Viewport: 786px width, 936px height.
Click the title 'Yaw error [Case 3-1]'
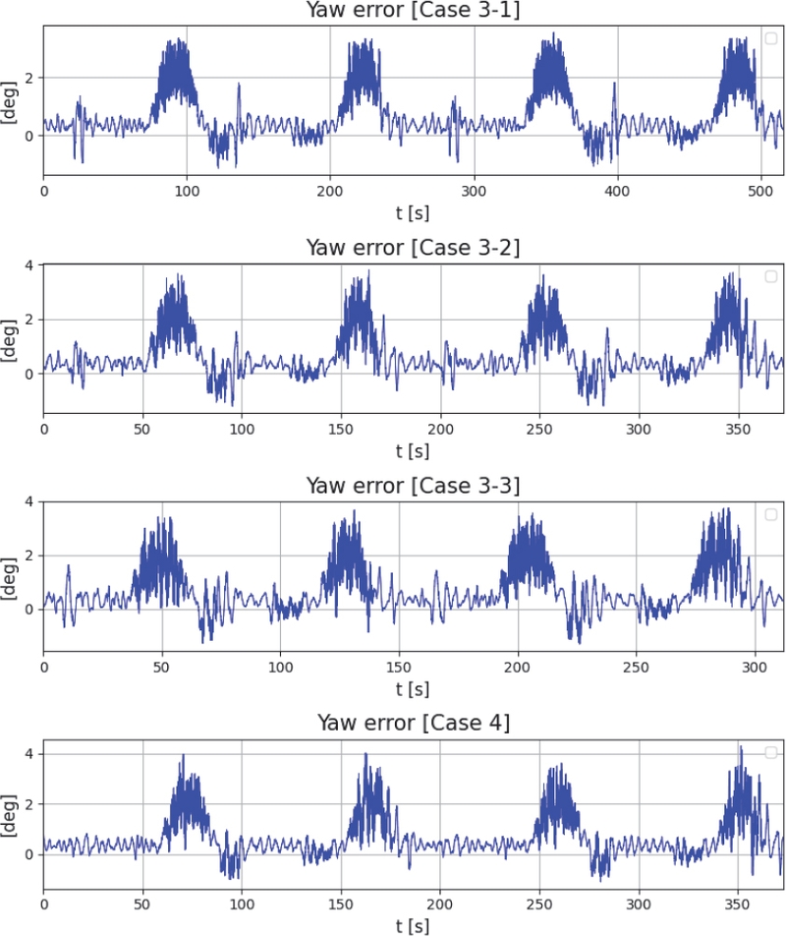pos(414,11)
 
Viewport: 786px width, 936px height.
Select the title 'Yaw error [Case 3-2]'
pos(414,247)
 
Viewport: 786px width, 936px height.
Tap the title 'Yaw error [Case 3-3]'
pos(414,485)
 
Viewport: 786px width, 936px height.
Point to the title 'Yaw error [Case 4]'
pos(414,724)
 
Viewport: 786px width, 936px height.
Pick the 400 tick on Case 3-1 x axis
pos(617,190)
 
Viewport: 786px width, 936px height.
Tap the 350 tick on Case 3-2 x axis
pos(738,429)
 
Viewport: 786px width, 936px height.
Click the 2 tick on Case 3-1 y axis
pos(32,78)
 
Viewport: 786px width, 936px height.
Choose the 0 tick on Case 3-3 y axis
pos(32,610)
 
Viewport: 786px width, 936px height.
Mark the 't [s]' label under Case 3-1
pos(414,210)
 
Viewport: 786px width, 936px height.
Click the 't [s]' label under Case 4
pos(414,925)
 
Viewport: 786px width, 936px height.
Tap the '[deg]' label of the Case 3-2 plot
pos(12,334)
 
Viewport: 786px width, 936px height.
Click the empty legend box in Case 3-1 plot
pos(771,38)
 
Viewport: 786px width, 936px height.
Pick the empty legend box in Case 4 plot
pos(771,752)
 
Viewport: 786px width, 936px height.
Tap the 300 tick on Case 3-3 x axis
pos(756,667)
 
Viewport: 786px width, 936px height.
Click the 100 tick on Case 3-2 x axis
pos(242,429)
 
